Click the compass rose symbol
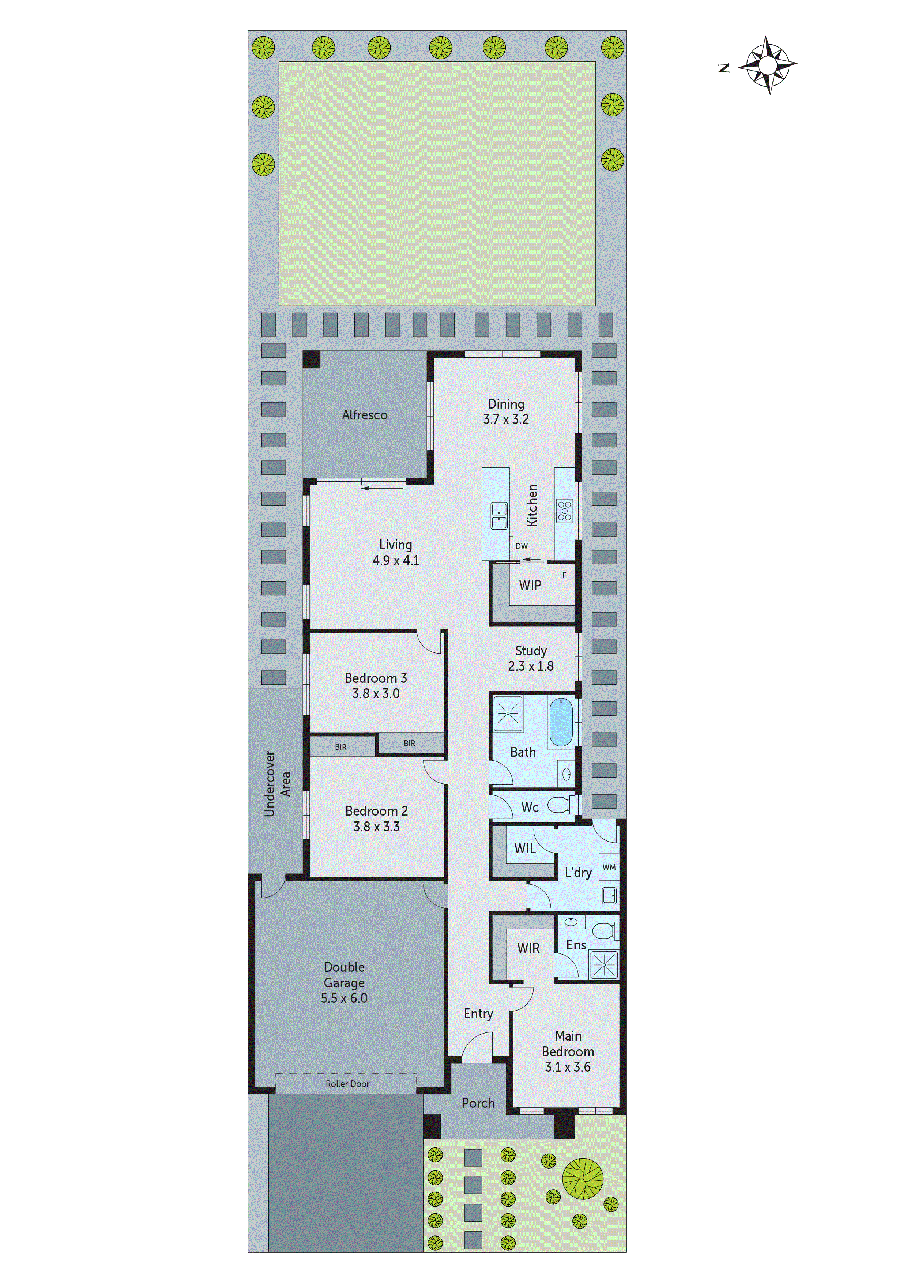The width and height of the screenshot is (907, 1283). click(768, 65)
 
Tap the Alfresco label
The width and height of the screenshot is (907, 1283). click(364, 415)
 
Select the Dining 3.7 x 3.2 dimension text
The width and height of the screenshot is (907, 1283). click(506, 419)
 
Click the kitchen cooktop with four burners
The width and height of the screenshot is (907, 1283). click(564, 511)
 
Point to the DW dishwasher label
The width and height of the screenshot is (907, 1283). click(522, 546)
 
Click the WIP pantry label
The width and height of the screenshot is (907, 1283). click(530, 585)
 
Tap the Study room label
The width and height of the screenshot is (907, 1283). click(531, 651)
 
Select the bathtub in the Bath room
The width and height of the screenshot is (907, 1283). click(561, 722)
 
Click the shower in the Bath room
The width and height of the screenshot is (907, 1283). click(508, 714)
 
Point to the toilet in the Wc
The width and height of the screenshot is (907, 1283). click(560, 805)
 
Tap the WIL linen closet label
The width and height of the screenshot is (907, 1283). click(525, 848)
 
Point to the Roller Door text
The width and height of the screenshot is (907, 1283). click(347, 1084)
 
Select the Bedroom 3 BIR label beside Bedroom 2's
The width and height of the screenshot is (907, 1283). click(410, 743)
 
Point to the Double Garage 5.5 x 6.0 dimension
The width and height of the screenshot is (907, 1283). click(344, 998)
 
